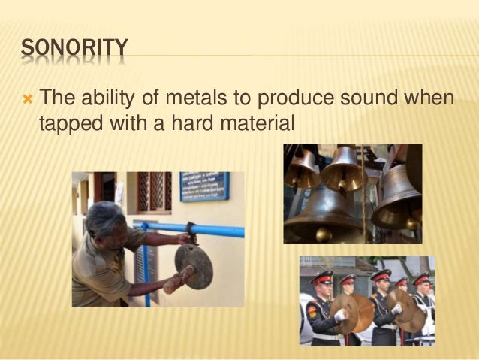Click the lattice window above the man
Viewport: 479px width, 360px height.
pos(154,191)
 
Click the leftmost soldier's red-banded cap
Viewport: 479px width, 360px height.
pos(321,276)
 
